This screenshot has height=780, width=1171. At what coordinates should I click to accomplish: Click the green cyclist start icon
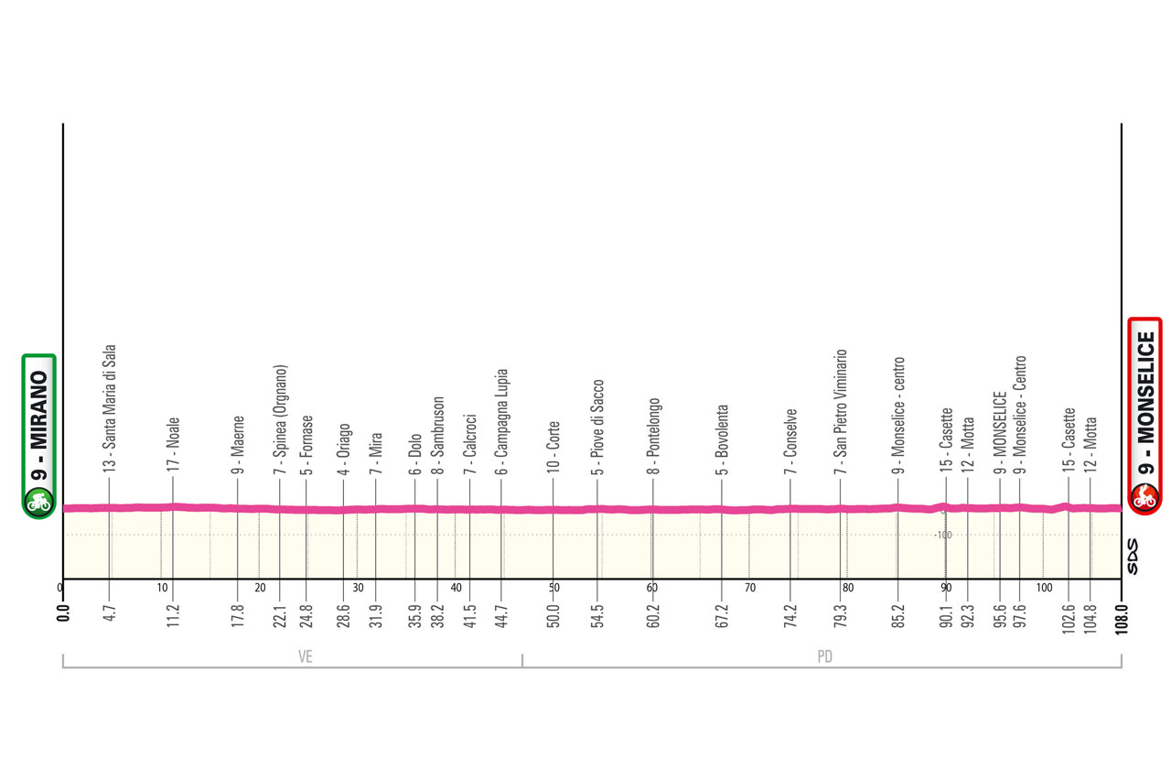[x=38, y=501]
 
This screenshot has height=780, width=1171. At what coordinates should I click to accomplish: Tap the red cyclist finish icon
[x=1144, y=497]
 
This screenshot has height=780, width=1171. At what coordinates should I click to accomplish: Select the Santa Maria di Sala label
[x=109, y=409]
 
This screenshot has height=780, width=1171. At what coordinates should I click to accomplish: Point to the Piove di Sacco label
[x=597, y=427]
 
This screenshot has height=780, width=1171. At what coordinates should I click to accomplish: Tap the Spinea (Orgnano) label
[x=281, y=419]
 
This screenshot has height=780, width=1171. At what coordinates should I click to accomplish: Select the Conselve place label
[x=790, y=441]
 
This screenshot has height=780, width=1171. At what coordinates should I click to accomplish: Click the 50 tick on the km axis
[x=554, y=588]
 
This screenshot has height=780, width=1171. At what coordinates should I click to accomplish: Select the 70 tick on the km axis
[x=750, y=588]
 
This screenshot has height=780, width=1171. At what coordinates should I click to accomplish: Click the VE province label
[x=306, y=656]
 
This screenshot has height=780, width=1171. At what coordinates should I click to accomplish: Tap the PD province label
[x=824, y=656]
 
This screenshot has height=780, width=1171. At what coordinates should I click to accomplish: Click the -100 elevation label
[x=943, y=535]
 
